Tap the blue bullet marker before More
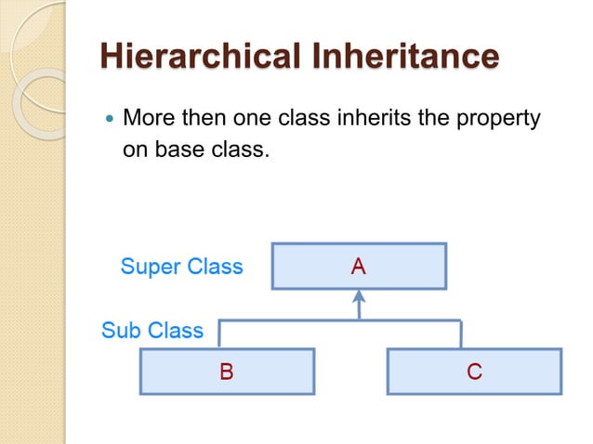tap(109, 121)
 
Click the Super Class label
tap(181, 268)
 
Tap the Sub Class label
tap(152, 331)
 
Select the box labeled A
tap(359, 267)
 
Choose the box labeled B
tap(227, 372)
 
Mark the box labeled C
tap(474, 372)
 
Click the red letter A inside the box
tap(359, 267)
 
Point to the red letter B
tap(227, 372)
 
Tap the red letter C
tap(474, 372)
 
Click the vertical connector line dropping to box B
tap(219, 334)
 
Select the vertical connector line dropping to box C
tap(460, 334)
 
